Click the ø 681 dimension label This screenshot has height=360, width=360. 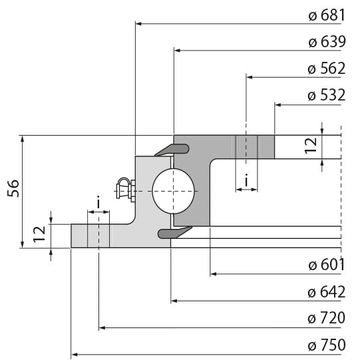[x=326, y=16]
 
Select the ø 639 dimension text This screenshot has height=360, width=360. [x=326, y=42]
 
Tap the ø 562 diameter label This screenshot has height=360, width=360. [x=326, y=69]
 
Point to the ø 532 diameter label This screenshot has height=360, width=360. [x=326, y=95]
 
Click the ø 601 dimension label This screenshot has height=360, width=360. [x=326, y=265]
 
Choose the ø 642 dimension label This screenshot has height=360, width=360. [x=326, y=292]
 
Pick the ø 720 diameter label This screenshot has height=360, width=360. [x=326, y=318]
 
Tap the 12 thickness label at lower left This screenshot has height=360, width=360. [x=40, y=232]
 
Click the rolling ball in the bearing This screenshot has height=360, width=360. [x=174, y=191]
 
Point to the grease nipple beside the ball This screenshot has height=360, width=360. [x=124, y=188]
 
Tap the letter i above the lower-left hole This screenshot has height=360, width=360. [x=98, y=202]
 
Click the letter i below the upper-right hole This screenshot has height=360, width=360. [x=247, y=180]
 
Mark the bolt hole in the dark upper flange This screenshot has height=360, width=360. [x=246, y=147]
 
